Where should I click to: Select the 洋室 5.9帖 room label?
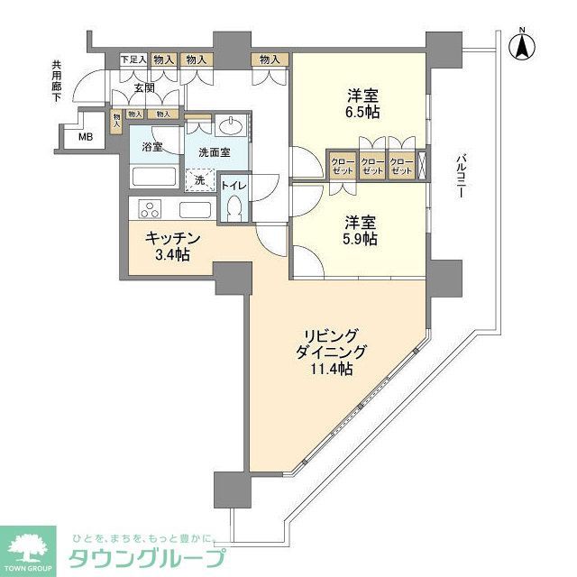(x=359, y=230)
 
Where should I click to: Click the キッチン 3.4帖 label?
(x=169, y=246)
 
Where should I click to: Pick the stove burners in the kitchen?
(x=150, y=209)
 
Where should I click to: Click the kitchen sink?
(x=194, y=209)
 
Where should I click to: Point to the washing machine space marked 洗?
(x=200, y=179)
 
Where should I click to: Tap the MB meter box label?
(x=84, y=137)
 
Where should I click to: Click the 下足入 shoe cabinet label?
(x=133, y=60)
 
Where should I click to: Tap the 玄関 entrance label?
(x=144, y=88)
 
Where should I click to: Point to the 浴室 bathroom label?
(x=151, y=147)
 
